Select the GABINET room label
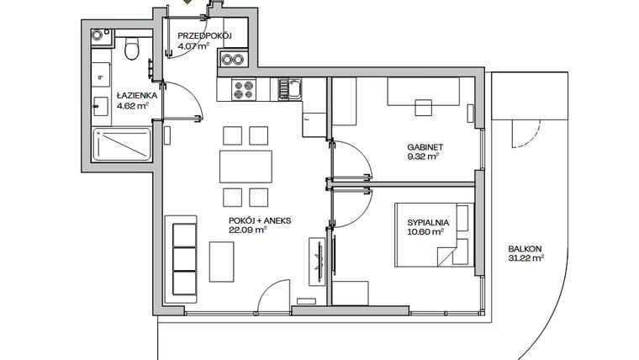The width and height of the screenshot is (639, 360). pos(425,146)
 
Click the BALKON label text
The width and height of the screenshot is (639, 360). pos(525,249)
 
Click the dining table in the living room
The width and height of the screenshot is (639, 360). pos(246,166)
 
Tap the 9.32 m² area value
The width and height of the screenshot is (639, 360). pos(425,156)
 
